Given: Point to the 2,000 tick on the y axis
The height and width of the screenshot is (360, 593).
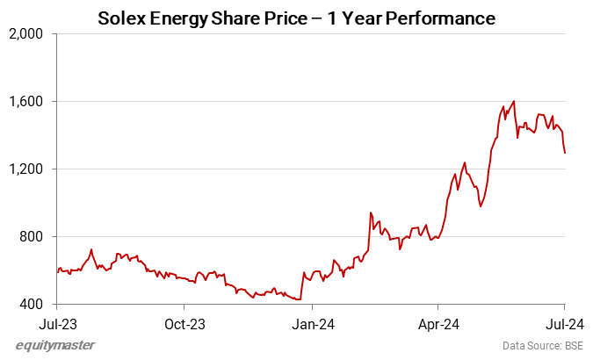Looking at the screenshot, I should (x=31, y=34).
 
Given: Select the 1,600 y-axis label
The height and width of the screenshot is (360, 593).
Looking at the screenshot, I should (x=31, y=102).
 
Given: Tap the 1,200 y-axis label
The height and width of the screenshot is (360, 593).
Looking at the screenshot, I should (x=31, y=169).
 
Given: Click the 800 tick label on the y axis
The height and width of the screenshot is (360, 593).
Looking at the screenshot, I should (x=36, y=237).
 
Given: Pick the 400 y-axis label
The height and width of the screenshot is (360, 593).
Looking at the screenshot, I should (x=36, y=305).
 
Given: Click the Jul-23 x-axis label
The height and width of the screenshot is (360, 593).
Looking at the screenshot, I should (x=57, y=322).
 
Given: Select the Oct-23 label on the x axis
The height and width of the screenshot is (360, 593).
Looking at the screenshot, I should (x=184, y=322).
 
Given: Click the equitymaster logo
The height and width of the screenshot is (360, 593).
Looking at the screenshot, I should (x=55, y=345).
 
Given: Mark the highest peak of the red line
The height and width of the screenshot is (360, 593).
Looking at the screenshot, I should (x=514, y=101).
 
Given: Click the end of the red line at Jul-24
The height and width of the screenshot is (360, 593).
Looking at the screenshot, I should (x=564, y=153).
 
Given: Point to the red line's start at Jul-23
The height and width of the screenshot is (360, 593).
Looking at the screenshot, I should (x=58, y=271).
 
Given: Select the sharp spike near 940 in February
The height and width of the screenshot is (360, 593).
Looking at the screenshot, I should (x=371, y=212).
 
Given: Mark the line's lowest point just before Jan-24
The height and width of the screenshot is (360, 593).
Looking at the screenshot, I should (x=300, y=299).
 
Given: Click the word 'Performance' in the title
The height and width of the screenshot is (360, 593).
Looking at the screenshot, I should (x=445, y=18).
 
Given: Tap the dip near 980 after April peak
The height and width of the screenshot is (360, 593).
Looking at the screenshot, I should (x=480, y=206).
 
